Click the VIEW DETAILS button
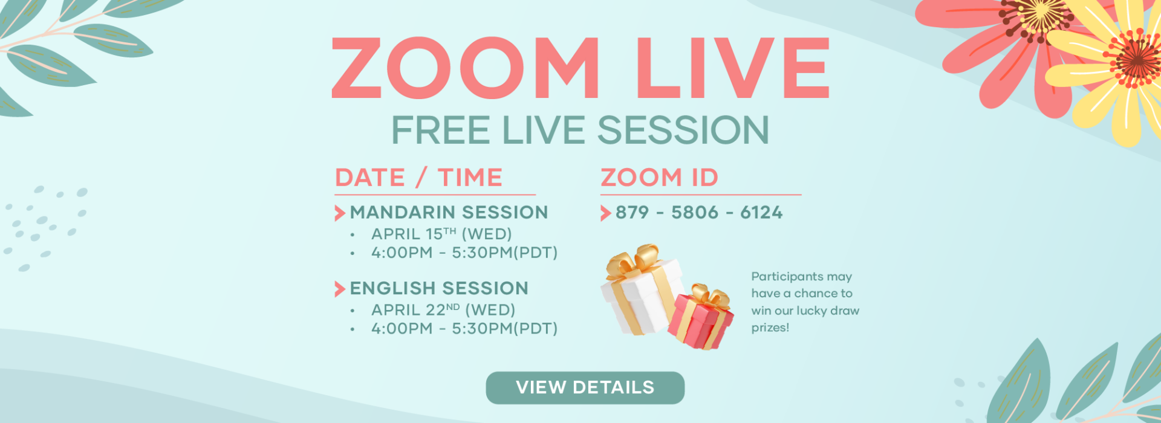point(585,387)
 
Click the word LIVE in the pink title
point(732,68)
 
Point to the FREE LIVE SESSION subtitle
point(580,130)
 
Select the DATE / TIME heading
point(418,178)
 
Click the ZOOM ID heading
point(659,178)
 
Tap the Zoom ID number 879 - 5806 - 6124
point(699,213)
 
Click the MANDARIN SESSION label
point(449,213)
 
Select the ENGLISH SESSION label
point(439,288)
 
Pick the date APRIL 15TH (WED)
point(441,234)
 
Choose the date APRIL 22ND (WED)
point(443,310)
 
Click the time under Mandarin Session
point(464,253)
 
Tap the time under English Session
point(464,329)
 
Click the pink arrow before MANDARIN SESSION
point(340,213)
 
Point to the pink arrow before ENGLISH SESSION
point(340,289)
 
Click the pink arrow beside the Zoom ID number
point(605,213)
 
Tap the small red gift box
point(701,317)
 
